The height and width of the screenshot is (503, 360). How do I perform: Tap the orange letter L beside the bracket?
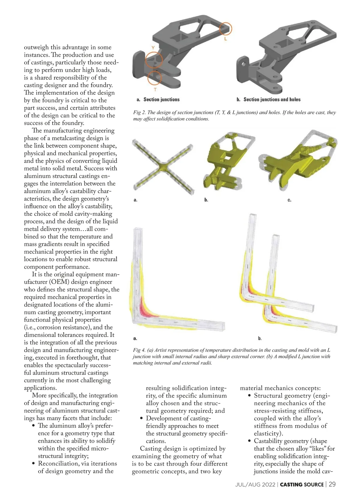[226, 39]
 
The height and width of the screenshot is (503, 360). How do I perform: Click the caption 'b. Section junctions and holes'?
[268, 100]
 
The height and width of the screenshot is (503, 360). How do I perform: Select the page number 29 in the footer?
[332, 484]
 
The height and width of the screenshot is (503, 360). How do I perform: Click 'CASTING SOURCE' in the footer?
[302, 485]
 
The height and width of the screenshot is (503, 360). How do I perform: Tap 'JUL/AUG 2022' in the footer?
[255, 485]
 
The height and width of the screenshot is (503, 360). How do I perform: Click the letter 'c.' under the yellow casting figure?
[289, 200]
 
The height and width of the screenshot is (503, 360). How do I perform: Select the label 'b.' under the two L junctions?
[260, 338]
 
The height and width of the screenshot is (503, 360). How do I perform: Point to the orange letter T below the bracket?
[155, 89]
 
